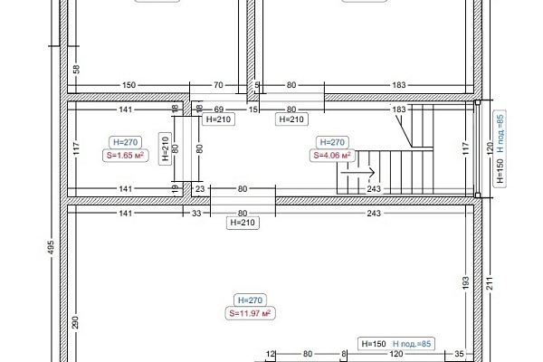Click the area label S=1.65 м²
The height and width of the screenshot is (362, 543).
[x=126, y=155]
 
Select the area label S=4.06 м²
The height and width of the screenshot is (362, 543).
[x=332, y=155]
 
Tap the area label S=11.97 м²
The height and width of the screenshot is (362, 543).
[x=250, y=313]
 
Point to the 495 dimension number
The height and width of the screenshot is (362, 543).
[x=51, y=247]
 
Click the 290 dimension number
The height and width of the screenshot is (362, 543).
[x=76, y=322]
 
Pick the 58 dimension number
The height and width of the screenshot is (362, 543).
[x=77, y=69]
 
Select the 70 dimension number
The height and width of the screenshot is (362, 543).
[x=218, y=85]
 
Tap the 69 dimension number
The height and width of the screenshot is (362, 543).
[x=218, y=110]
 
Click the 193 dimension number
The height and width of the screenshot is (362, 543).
[x=466, y=282]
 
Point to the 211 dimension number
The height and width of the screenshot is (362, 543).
[x=490, y=282]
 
